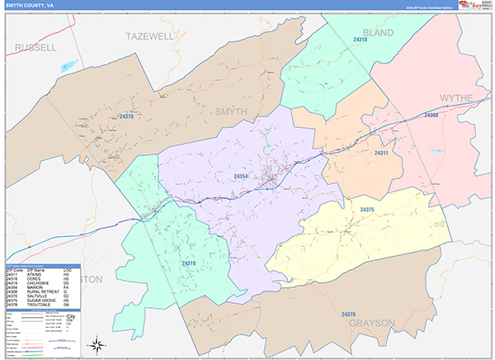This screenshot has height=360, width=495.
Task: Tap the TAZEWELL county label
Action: (150, 36)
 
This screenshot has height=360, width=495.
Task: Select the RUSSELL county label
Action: (35, 48)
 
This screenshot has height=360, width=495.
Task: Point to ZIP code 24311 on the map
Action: (381, 154)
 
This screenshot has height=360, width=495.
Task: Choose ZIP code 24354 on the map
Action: (241, 177)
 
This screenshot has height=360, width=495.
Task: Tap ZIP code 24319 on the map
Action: (189, 263)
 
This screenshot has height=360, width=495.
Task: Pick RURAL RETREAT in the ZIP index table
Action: (42, 290)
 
